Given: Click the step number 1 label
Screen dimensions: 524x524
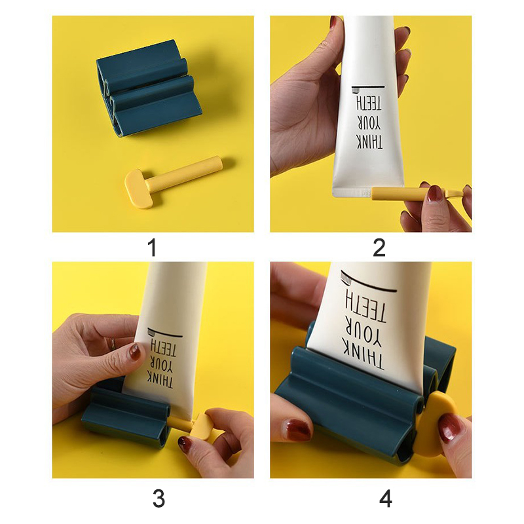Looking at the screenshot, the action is [x=153, y=248].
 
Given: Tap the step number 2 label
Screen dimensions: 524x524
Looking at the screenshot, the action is [x=379, y=248].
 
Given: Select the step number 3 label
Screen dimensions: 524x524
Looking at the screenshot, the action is [x=159, y=498].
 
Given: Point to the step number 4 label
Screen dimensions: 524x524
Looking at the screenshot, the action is [x=385, y=498].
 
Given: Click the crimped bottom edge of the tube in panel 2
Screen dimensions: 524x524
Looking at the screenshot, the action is [x=367, y=192].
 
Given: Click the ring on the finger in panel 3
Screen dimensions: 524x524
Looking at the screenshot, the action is [x=113, y=343].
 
